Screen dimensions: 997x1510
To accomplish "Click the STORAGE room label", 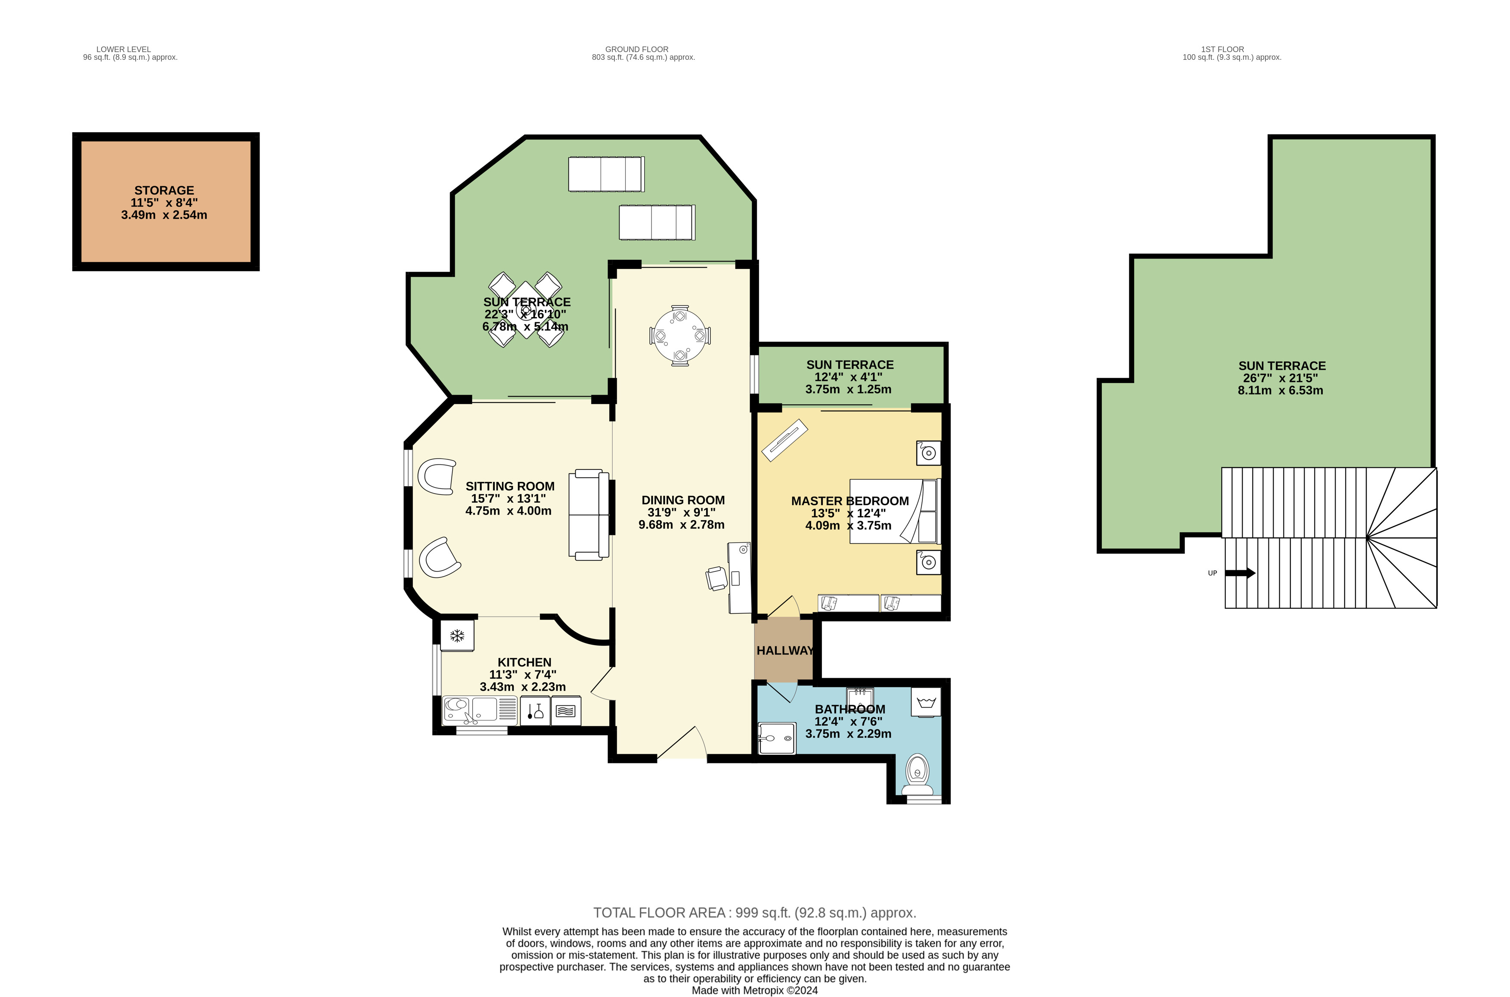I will tap(164, 190).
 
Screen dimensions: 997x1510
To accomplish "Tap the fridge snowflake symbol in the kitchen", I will tap(457, 635).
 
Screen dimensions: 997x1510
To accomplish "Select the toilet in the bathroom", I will tap(917, 771).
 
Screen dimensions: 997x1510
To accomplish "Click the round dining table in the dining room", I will tap(680, 335).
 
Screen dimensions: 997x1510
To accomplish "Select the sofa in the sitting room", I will tap(588, 515).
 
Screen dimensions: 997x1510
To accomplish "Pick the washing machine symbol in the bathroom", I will tap(926, 703).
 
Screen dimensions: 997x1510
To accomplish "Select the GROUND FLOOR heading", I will tap(637, 49).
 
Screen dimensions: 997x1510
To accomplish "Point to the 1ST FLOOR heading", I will tap(1222, 49).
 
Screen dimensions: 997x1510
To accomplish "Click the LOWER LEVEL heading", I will tap(124, 49).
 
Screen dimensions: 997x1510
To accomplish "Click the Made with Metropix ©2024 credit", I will tap(754, 990).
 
